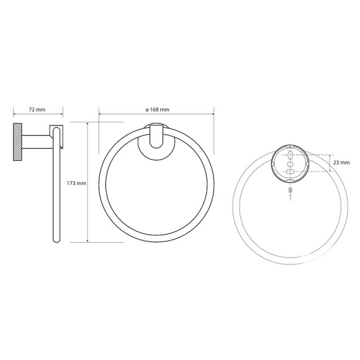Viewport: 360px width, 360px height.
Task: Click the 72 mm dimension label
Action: coord(37,110)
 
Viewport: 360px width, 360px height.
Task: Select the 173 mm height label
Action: coord(77,183)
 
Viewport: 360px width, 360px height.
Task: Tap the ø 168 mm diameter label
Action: coord(157,110)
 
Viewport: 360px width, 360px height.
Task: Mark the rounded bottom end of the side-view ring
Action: coord(56,240)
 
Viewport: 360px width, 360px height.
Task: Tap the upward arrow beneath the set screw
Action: coord(290,197)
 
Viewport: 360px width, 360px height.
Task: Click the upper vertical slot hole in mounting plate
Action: coord(290,154)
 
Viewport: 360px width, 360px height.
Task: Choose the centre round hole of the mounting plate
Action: coord(290,163)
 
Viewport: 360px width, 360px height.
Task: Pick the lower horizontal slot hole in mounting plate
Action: coord(290,172)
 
